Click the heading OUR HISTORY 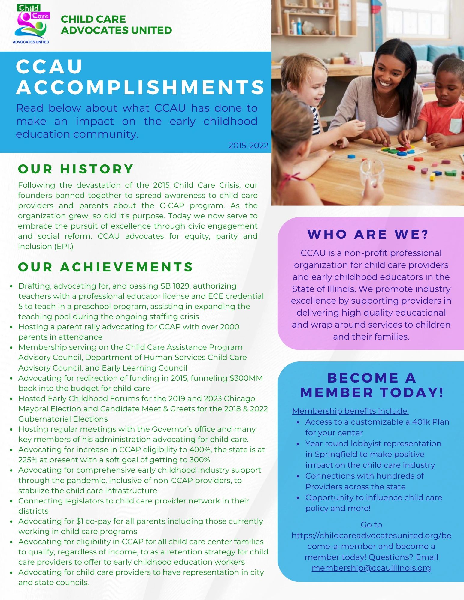click(76, 169)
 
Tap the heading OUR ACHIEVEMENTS click(105, 267)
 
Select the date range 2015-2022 click(248, 145)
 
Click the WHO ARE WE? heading click(368, 234)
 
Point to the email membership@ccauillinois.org click(371, 568)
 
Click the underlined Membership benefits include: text click(350, 411)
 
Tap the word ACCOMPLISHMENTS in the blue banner click(141, 87)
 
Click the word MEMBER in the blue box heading click(337, 392)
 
